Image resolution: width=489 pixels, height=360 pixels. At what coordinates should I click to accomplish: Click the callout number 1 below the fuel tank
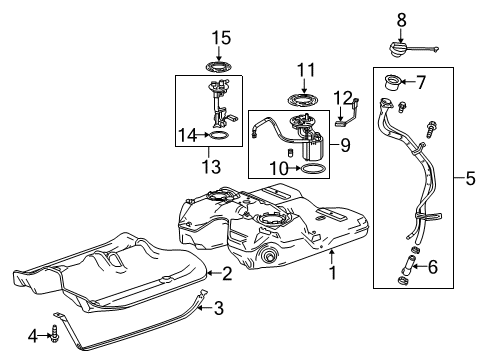pos(333,269)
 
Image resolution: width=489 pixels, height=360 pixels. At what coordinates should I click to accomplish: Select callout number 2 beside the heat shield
pos(227,272)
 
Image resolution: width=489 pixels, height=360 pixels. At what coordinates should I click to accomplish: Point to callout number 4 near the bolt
pos(33,336)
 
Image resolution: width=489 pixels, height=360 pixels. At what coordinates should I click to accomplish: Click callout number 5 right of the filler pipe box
pos(470,180)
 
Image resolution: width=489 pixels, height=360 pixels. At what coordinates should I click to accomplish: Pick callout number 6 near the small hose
pos(432,267)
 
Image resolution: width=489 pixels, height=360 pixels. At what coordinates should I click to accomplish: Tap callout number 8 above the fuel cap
pos(401,18)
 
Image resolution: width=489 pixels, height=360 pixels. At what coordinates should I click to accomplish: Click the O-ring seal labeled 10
pos(312,170)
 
